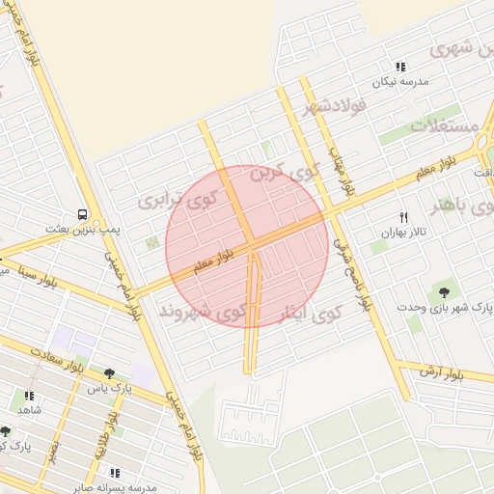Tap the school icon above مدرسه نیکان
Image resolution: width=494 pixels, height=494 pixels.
point(400,67)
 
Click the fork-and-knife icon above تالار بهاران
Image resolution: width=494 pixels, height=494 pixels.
point(403,217)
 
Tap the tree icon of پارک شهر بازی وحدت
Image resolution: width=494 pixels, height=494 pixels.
point(444,291)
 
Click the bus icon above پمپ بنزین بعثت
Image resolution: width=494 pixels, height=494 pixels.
point(83,214)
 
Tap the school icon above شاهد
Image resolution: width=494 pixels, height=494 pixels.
point(29,396)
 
